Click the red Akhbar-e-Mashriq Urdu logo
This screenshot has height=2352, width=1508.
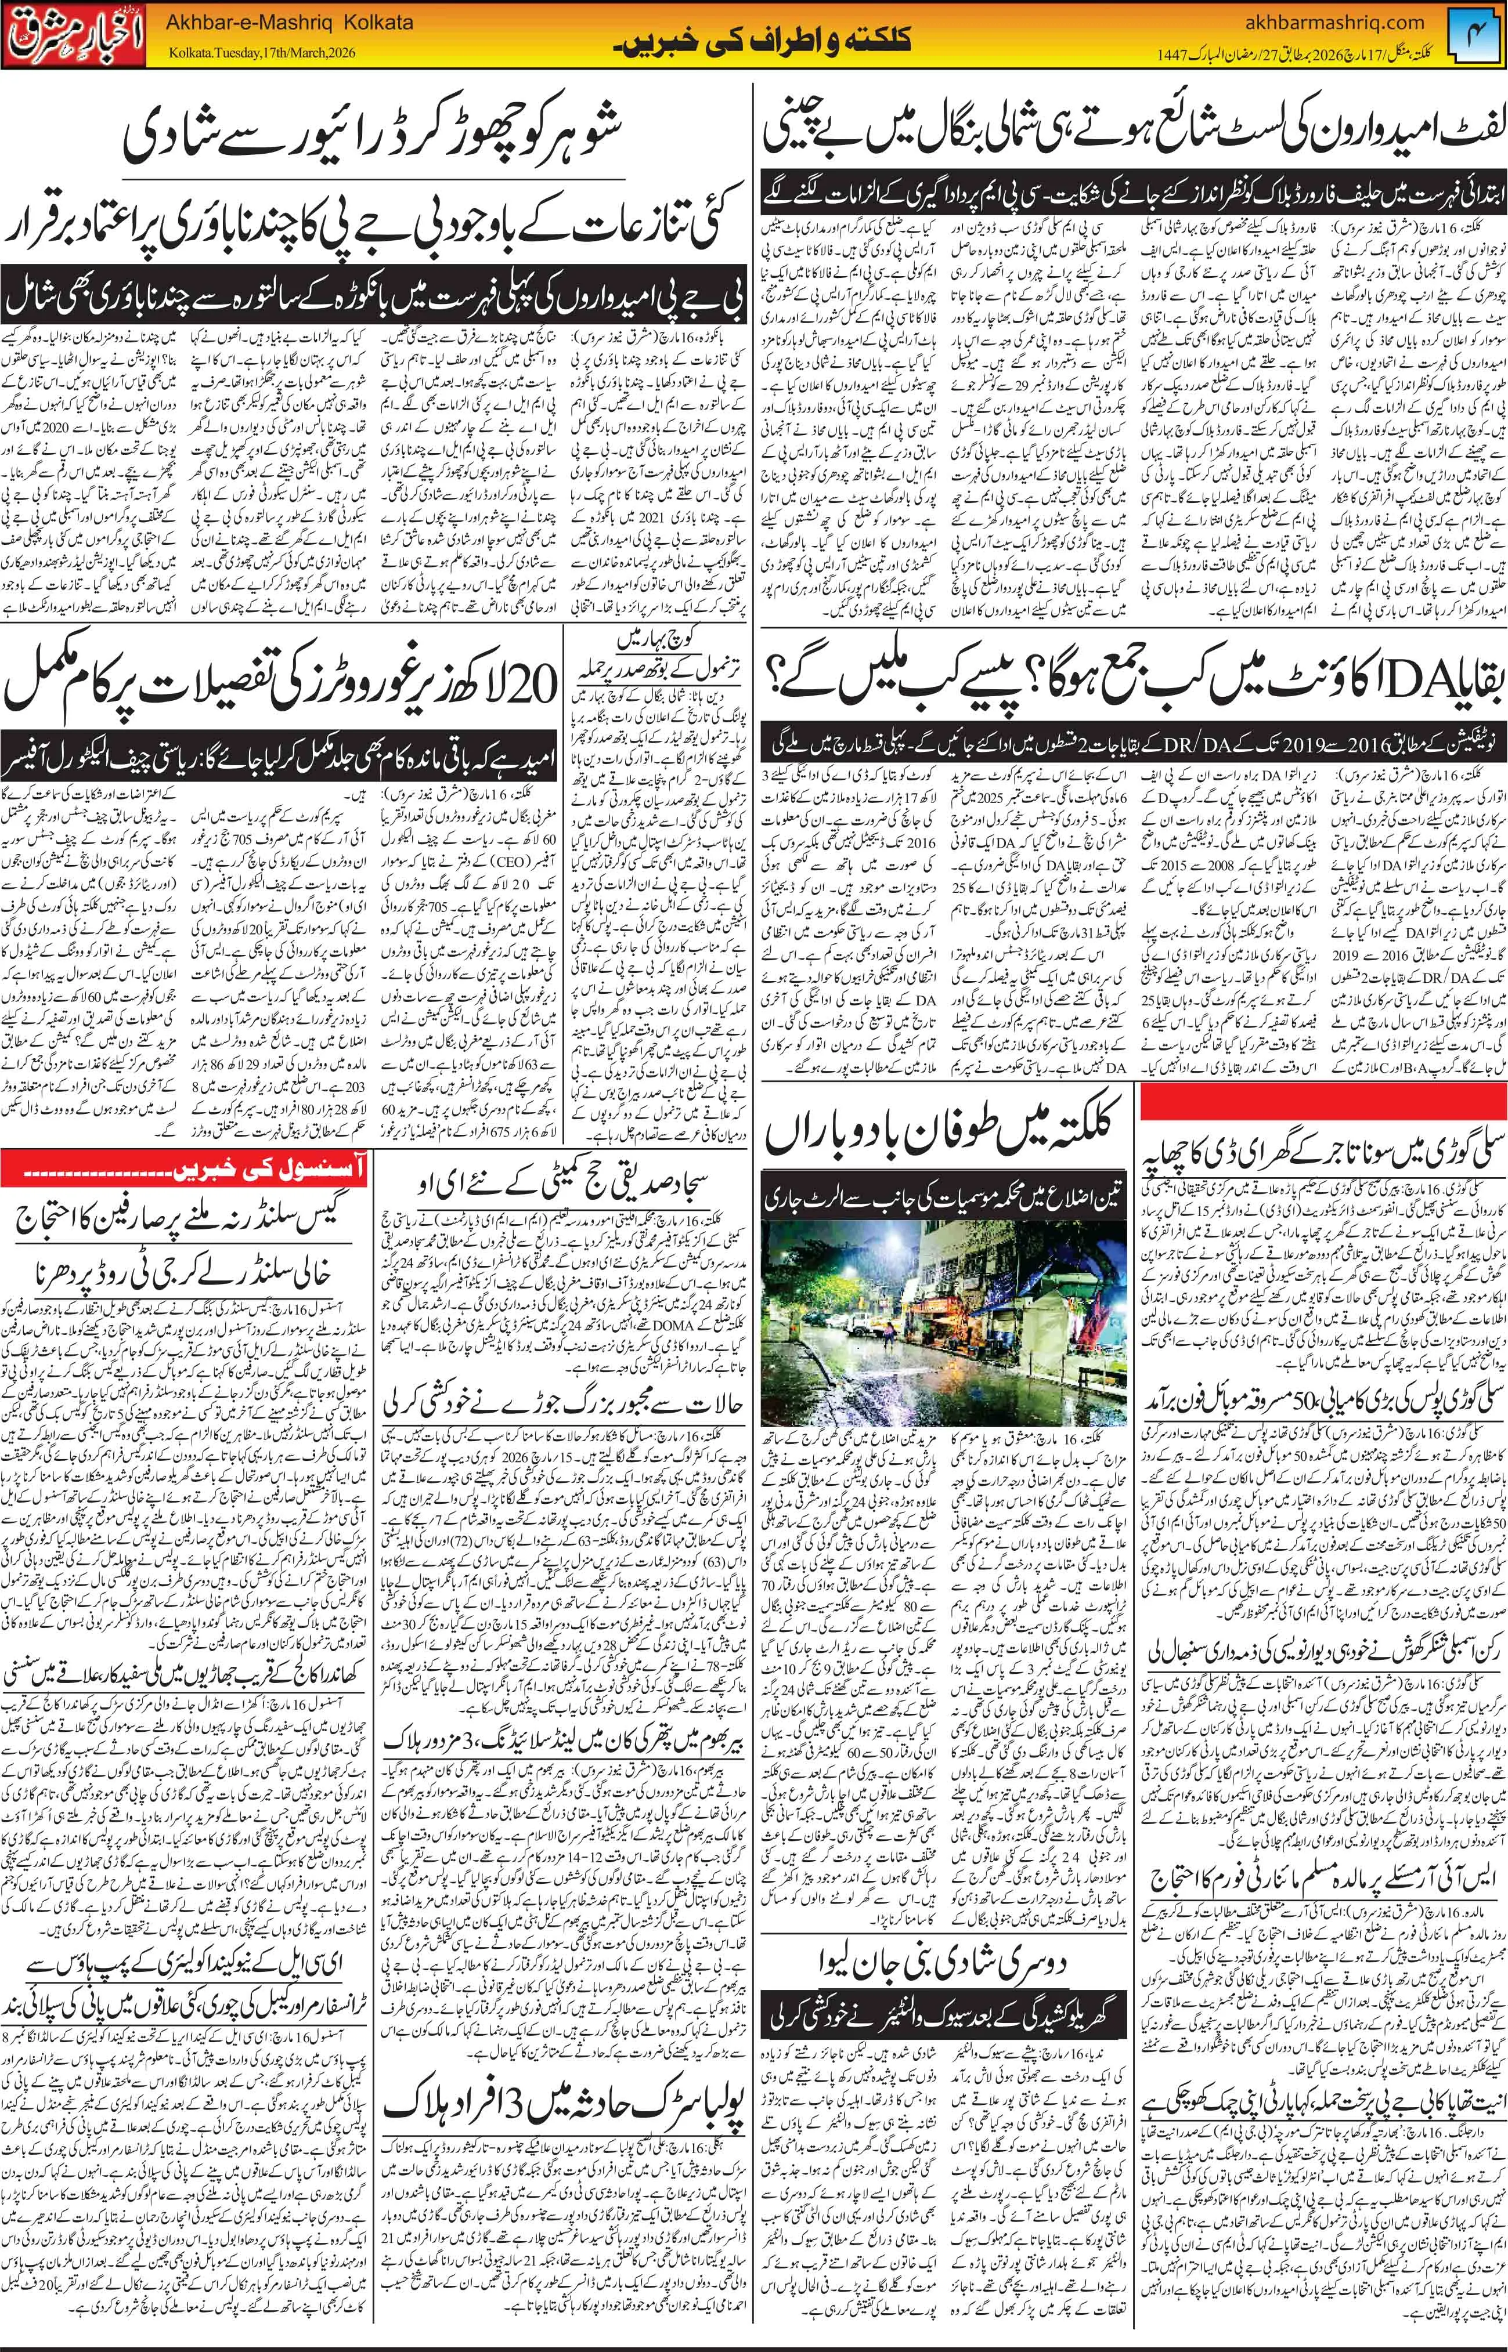coord(74,36)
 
